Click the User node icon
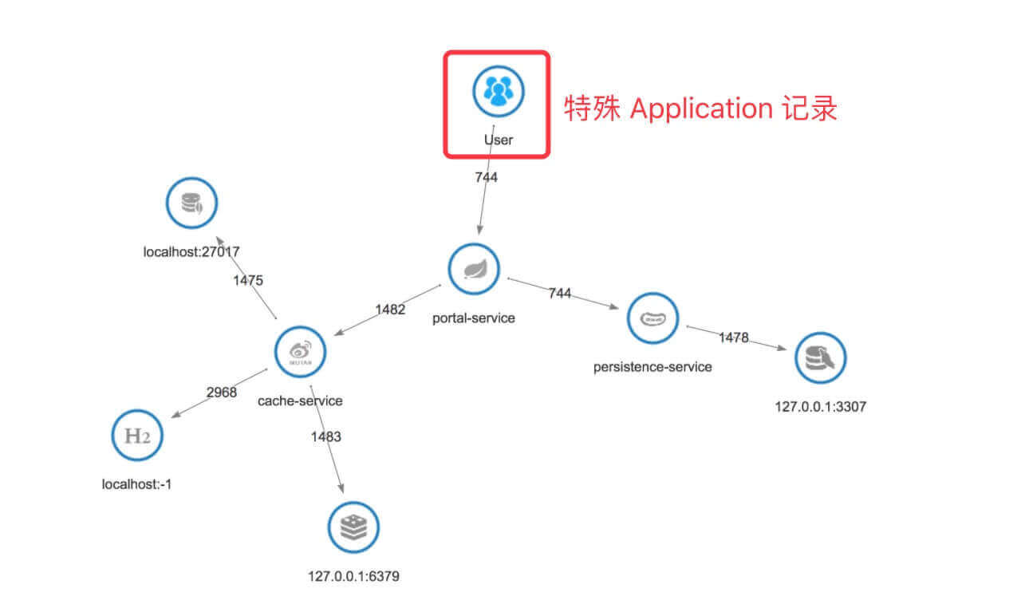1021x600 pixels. coord(498,90)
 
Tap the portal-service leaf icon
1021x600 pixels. coord(474,270)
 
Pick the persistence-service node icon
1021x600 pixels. coord(653,318)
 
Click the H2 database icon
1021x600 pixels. coord(136,435)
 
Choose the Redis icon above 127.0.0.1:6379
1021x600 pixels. coord(353,527)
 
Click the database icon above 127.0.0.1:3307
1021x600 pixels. coord(820,357)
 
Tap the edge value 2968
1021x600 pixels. coord(222,393)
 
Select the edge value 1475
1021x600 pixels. coord(248,280)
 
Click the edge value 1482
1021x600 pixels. coord(391,310)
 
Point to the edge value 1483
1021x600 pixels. coord(326,436)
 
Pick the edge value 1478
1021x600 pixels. coord(734,337)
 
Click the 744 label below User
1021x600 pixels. coord(487,178)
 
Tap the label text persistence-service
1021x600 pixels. coord(652,367)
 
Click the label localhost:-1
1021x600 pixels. coord(136,484)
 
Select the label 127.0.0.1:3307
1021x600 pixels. coord(820,406)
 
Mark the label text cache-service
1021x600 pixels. coord(300,401)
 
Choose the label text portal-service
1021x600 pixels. coord(474,318)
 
